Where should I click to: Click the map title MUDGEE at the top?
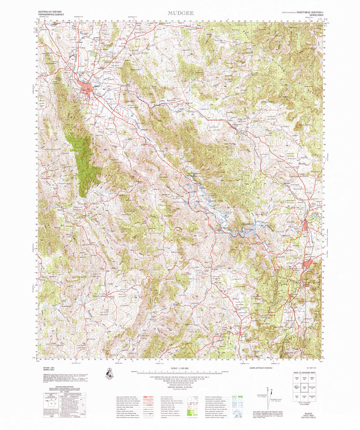pos(181,13)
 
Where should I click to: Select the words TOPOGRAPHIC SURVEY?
pos(50,16)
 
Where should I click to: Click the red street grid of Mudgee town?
pos(88,89)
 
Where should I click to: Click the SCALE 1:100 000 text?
pos(181,368)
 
